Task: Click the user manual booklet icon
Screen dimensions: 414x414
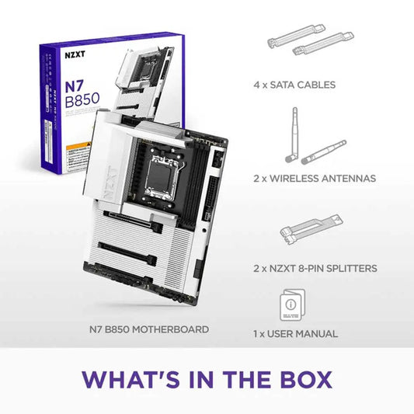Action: [290, 305]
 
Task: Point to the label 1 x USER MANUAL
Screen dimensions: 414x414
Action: [295, 333]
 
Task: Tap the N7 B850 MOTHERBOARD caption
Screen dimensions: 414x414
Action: [148, 329]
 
